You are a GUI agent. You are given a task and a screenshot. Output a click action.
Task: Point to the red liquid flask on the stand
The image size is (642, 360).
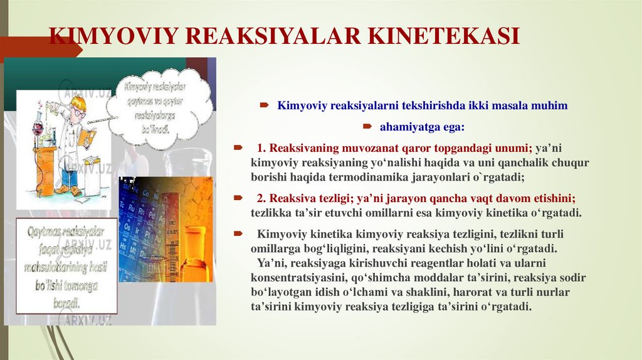(38, 129)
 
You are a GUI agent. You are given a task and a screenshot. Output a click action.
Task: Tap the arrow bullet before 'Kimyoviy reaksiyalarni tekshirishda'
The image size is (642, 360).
(266, 106)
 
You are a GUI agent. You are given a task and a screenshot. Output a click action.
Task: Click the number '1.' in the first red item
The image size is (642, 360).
(261, 149)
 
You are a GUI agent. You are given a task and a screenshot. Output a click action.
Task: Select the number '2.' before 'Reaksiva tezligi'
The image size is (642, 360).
(261, 198)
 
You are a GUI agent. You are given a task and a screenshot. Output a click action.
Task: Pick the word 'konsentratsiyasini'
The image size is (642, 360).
(293, 277)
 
